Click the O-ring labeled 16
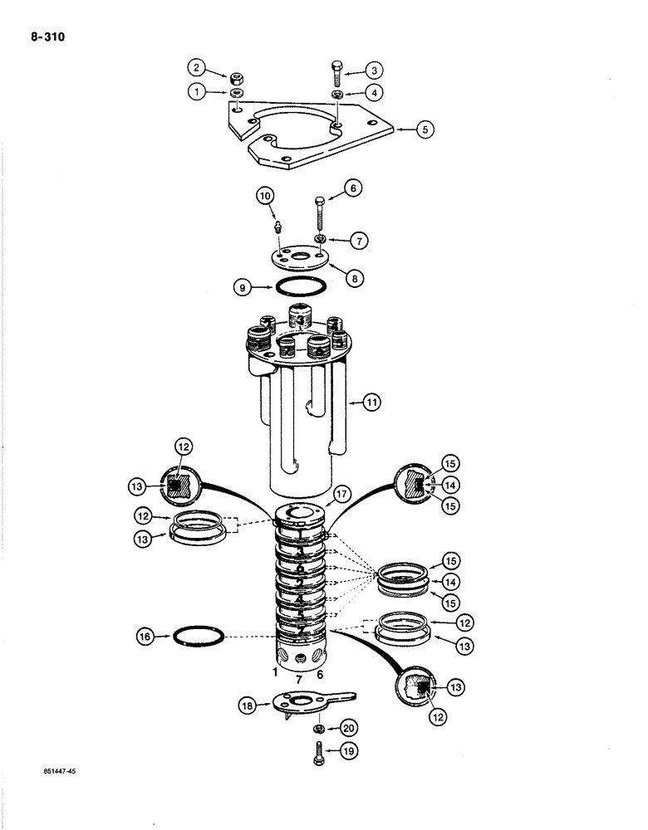point(200,637)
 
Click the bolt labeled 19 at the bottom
point(319,757)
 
